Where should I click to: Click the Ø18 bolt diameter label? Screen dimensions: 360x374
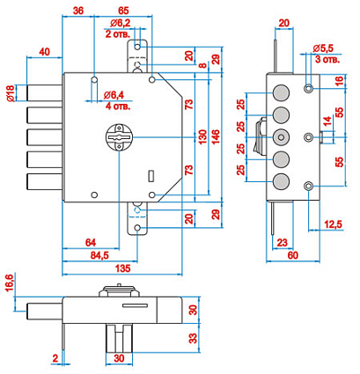click(x=11, y=93)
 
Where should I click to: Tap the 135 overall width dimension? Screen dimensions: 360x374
click(x=122, y=268)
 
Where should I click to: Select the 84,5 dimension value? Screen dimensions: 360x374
click(x=99, y=255)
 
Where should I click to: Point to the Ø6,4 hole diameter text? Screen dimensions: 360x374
click(x=114, y=95)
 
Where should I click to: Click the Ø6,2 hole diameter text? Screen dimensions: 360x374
click(x=121, y=23)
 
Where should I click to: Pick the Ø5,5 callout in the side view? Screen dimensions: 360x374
click(x=323, y=48)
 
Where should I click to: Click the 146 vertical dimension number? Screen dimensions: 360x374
click(x=216, y=137)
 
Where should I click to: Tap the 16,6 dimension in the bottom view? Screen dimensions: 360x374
click(x=10, y=282)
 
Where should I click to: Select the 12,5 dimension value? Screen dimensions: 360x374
click(x=334, y=224)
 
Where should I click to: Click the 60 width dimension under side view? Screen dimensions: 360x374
click(x=292, y=255)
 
